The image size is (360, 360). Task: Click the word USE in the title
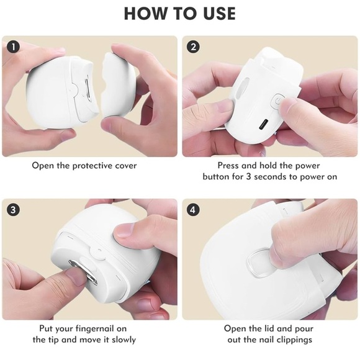(x=219, y=14)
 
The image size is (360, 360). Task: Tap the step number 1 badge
(x=13, y=47)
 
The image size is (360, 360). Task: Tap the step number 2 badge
(x=193, y=47)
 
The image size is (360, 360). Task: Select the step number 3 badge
(x=13, y=210)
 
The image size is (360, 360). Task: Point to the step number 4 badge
(x=193, y=210)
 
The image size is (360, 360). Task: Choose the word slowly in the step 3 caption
(x=124, y=340)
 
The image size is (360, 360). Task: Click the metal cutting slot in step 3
(x=83, y=272)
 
